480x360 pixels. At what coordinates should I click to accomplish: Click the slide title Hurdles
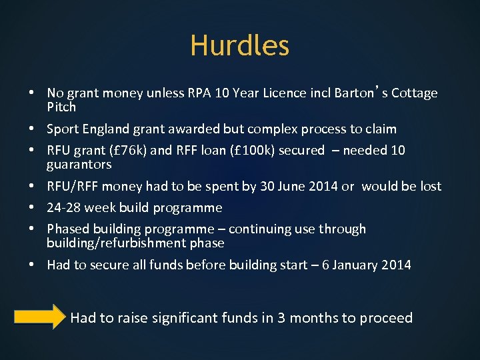coord(239,45)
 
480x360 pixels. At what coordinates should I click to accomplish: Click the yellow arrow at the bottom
coord(39,317)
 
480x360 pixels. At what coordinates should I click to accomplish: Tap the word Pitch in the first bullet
coord(61,107)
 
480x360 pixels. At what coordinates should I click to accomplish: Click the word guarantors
coord(79,165)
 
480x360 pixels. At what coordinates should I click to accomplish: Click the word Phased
coord(67,229)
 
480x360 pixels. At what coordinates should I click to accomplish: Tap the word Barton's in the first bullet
coord(357,93)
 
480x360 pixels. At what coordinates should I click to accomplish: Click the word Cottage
coord(415,93)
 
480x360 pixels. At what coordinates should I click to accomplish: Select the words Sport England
coord(87,129)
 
